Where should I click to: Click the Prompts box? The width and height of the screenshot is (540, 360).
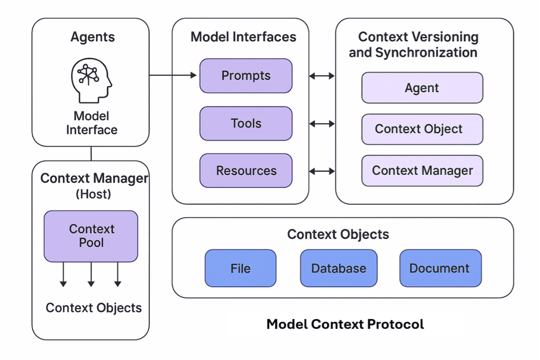coord(246,76)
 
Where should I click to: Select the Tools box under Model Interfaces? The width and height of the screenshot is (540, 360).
coord(246,123)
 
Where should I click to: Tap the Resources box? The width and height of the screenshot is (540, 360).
coord(246,171)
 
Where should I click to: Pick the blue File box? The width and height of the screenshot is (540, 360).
coord(241,268)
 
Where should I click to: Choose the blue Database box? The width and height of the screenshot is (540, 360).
coord(338,268)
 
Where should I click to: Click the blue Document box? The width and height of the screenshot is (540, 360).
coord(440,268)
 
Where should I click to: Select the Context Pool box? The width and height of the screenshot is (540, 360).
coord(91,236)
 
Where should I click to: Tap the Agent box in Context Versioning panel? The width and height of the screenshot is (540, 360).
coord(422,88)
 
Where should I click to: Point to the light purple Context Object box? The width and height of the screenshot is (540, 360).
coord(422,129)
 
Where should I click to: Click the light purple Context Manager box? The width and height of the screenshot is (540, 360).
coord(422,171)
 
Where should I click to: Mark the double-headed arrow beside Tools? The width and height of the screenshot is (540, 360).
coord(322,124)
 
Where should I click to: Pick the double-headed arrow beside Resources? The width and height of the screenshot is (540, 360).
coord(322,171)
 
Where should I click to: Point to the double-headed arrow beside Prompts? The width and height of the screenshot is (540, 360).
coord(322,76)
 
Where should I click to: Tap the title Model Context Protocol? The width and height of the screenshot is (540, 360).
coord(345,324)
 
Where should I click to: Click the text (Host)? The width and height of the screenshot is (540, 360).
coord(94,194)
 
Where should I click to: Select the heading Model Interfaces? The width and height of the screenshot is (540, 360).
coord(243,37)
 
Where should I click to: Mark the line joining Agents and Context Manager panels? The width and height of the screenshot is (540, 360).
coord(91,153)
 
